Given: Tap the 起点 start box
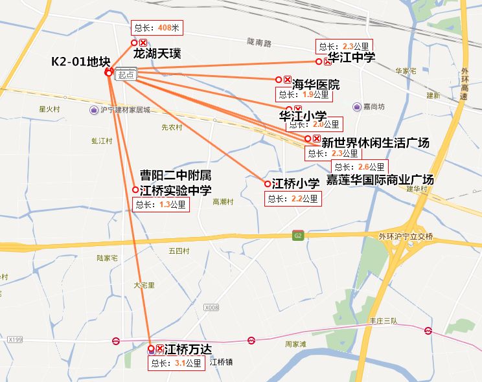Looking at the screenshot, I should (126, 74).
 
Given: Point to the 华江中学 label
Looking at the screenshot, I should (352, 58).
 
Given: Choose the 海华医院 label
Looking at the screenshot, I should (316, 84).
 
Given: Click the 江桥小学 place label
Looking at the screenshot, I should (295, 183).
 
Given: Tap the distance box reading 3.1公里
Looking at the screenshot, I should (177, 363).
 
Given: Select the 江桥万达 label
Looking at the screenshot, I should (188, 350).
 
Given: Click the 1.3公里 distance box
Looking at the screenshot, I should (161, 205).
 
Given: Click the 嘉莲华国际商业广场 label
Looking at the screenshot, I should (380, 179).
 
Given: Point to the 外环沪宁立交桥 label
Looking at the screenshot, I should (405, 236).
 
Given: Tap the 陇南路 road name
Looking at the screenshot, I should (259, 42).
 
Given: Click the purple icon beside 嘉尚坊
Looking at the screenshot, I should (357, 107).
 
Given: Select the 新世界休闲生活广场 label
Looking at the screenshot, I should (375, 142).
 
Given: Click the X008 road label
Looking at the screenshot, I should (211, 308).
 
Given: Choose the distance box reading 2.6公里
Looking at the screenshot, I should (361, 167).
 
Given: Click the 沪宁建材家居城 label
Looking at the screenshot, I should (125, 110).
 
